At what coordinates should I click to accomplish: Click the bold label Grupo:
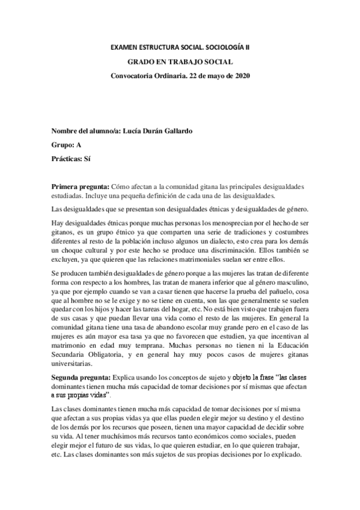[x=63, y=145]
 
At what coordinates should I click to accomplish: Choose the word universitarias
[x=72, y=363]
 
